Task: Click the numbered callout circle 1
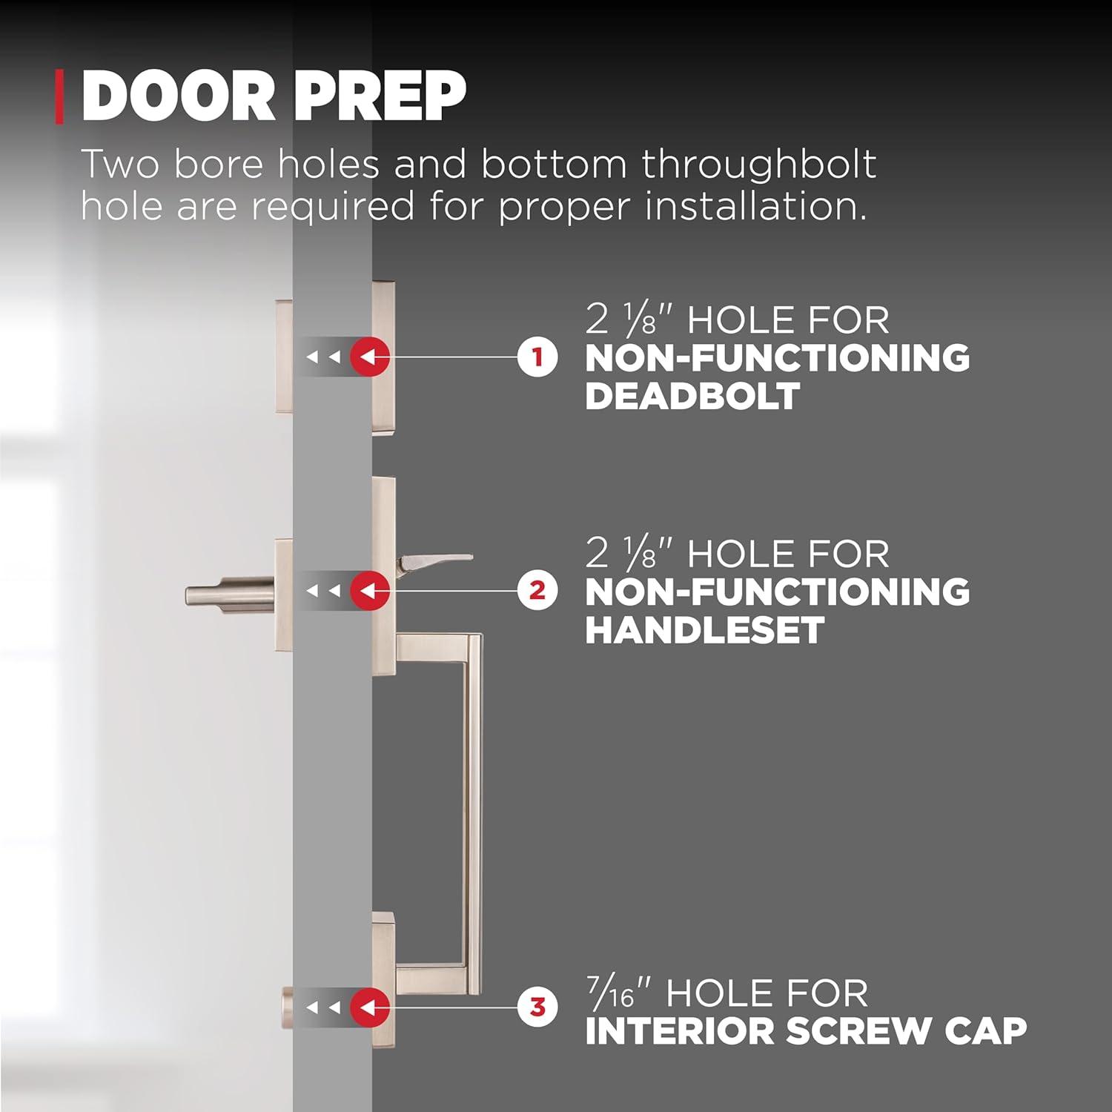[x=537, y=357]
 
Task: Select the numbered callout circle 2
[x=537, y=591]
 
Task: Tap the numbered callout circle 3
[x=537, y=1007]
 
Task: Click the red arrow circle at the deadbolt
[x=370, y=357]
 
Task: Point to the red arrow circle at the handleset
[x=370, y=591]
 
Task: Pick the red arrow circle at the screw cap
[x=370, y=1007]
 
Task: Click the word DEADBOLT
[x=692, y=396]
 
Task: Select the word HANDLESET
[x=704, y=630]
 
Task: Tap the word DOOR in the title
[x=178, y=96]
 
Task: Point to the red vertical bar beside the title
[x=59, y=96]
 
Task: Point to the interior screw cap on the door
[x=287, y=1007]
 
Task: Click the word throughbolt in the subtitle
[x=759, y=164]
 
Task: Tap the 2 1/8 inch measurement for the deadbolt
[x=629, y=320]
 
